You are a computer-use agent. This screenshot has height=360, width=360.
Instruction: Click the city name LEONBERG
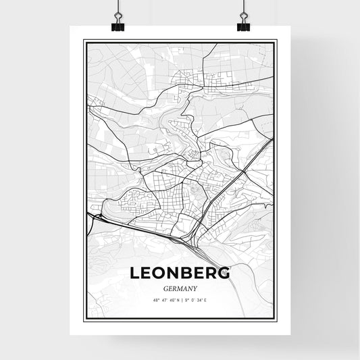(179, 273)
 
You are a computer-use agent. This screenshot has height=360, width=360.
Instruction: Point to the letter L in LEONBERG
(133, 273)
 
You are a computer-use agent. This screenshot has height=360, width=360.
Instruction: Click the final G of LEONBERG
(224, 273)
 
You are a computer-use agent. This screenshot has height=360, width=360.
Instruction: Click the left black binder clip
(116, 24)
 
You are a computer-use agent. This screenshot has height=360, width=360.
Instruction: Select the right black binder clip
(243, 24)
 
